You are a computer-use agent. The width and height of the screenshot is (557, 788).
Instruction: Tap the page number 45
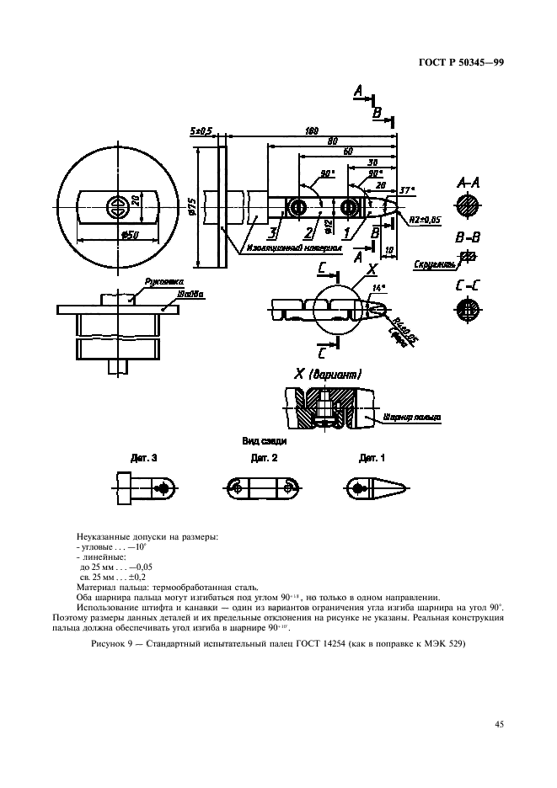tap(498, 722)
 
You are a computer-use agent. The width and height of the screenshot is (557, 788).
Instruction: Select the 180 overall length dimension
tap(312, 131)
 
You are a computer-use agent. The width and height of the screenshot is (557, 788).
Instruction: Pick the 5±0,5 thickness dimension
tap(201, 131)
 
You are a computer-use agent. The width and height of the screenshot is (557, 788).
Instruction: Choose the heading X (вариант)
tap(328, 373)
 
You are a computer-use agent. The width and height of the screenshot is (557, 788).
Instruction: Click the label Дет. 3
tap(143, 458)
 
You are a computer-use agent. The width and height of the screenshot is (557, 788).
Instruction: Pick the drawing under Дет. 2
tap(264, 488)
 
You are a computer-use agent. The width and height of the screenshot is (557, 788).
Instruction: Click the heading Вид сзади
tap(264, 440)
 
